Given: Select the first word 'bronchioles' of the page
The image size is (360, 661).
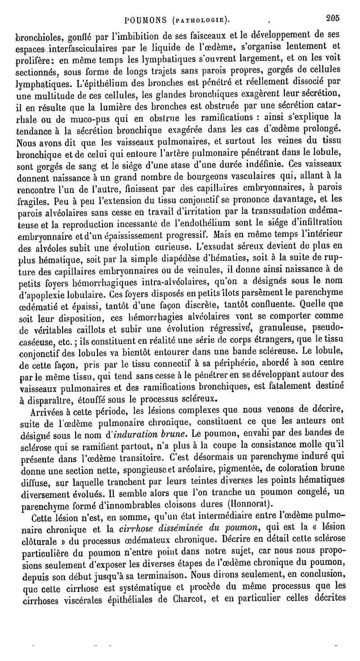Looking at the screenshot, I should (36, 35).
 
